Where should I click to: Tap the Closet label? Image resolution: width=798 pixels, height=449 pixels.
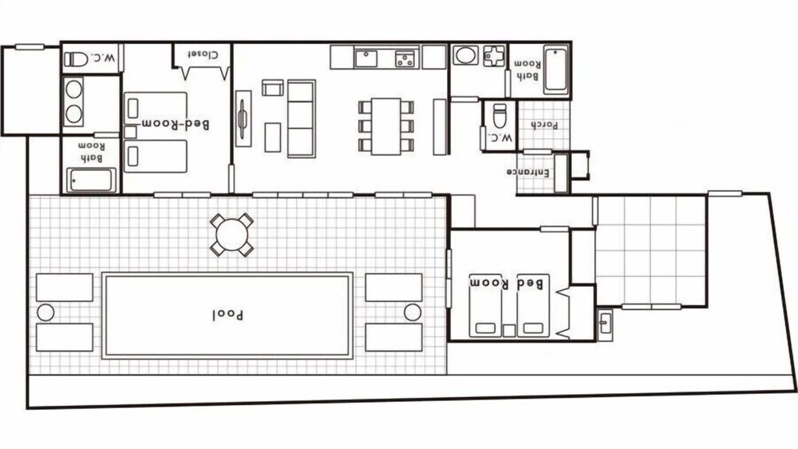coord(203,54)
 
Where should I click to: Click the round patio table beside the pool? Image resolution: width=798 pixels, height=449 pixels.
coord(231,235)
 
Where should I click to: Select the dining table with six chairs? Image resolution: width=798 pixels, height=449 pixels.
coord(386,125)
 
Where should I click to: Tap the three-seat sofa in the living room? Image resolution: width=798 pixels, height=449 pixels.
coord(301,117)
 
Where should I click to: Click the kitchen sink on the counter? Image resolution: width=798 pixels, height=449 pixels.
coord(366,58)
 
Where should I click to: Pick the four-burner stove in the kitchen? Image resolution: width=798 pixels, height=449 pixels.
coord(405,58)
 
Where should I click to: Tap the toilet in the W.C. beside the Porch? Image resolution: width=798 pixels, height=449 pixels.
coord(500,117)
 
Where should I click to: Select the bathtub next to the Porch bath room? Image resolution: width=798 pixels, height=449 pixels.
coord(555,70)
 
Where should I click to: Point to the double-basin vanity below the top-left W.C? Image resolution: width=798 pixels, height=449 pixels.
coord(74,101)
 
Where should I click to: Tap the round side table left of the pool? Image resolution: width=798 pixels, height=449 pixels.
coord(45,312)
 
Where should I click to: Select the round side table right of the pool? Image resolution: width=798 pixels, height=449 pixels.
coord(412,312)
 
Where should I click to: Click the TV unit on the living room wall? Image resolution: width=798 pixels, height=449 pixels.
coord(243,118)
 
